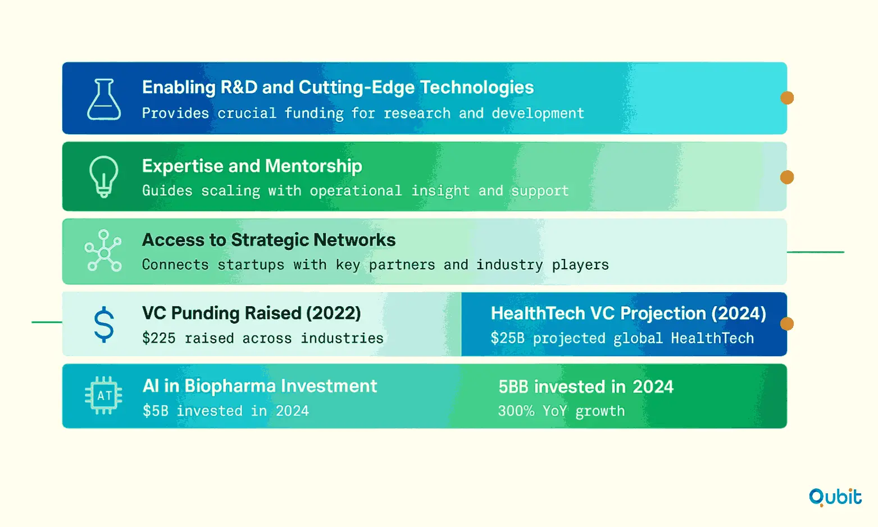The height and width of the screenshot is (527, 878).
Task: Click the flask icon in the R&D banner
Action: pyautogui.click(x=104, y=99)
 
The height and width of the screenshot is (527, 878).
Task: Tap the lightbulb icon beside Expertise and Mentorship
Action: pyautogui.click(x=103, y=176)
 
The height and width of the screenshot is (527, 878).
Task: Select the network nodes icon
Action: pyautogui.click(x=103, y=251)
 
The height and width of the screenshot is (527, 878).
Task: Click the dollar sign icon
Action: pyautogui.click(x=104, y=324)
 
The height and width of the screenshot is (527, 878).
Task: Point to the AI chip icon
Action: pyautogui.click(x=103, y=396)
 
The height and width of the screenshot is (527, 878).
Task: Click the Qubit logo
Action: pyautogui.click(x=835, y=497)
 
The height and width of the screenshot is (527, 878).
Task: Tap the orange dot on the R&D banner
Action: pyautogui.click(x=786, y=98)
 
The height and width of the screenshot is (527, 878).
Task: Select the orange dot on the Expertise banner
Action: pyautogui.click(x=786, y=177)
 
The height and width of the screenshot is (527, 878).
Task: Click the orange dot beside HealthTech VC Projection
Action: pyautogui.click(x=786, y=324)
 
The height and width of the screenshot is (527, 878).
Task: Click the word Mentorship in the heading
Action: pyautogui.click(x=313, y=166)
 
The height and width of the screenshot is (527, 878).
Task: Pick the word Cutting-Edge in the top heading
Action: pyautogui.click(x=357, y=88)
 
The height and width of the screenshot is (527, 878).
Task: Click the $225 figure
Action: pyautogui.click(x=159, y=338)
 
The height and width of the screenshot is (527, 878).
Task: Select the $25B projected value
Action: pyautogui.click(x=508, y=338)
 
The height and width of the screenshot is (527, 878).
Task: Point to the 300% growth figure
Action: pyautogui.click(x=516, y=411)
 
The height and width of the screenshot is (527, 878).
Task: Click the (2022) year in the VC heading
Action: pyautogui.click(x=334, y=314)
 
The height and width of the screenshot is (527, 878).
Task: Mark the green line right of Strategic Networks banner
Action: pyautogui.click(x=816, y=252)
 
